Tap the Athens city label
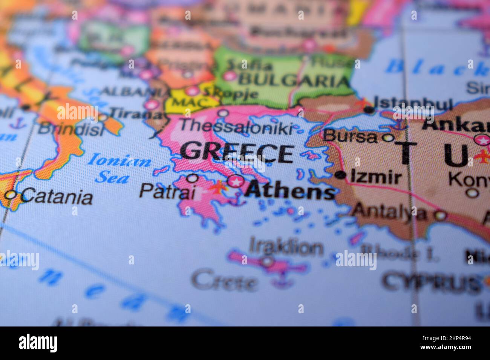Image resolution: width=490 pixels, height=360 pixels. (x=289, y=190)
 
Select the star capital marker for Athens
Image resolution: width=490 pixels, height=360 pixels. (x=236, y=182)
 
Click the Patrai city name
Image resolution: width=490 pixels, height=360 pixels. (x=167, y=191)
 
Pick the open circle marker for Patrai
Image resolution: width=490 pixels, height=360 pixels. (x=192, y=177)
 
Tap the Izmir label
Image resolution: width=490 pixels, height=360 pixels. (x=376, y=177)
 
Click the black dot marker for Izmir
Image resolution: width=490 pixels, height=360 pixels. (x=341, y=175)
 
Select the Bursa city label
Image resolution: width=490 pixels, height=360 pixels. (x=350, y=136)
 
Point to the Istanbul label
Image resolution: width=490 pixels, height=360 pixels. (x=412, y=103)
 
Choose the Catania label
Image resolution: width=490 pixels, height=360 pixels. (x=57, y=196)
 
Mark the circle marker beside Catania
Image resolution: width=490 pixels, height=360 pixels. (x=11, y=195)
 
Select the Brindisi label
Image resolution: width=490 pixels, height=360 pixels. (x=71, y=129)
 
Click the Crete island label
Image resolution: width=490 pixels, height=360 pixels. (x=225, y=281)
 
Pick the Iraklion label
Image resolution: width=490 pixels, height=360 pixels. (x=286, y=247)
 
